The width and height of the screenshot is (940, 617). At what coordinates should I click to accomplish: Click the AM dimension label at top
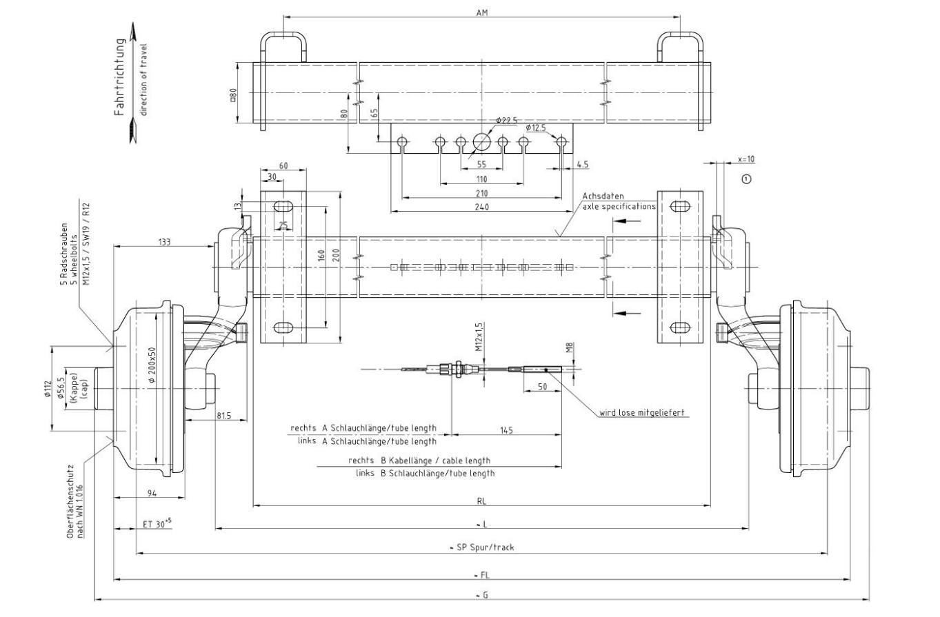482,12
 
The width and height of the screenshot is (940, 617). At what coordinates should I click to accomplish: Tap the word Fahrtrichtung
120,77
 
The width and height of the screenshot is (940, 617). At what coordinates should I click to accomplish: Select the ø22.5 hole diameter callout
506,121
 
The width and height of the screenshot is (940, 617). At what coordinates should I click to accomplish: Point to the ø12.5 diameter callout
536,128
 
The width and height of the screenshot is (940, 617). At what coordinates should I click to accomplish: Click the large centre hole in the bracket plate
482,141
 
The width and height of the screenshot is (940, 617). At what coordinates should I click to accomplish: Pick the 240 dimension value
482,207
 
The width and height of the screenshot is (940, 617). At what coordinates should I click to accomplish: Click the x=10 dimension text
746,159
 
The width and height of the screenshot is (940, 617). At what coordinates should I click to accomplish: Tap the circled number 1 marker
746,179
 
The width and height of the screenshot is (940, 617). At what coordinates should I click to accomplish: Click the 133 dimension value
165,242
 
